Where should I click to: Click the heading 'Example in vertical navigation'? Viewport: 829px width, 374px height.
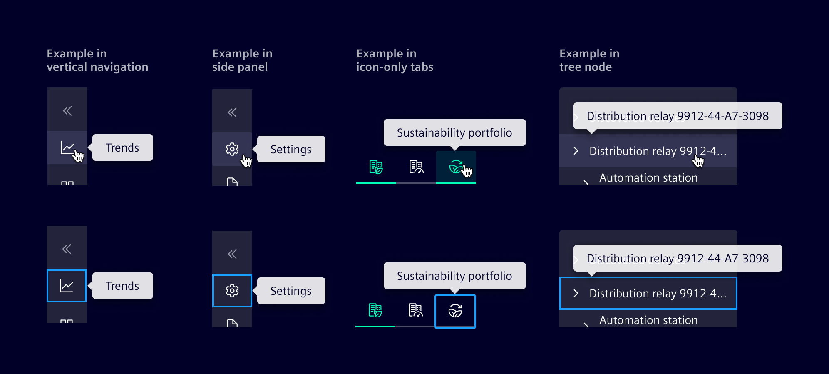(97, 60)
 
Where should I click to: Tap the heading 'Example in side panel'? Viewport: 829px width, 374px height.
(242, 60)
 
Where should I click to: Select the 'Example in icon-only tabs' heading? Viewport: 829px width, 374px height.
(395, 60)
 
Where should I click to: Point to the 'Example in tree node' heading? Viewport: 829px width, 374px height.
(589, 60)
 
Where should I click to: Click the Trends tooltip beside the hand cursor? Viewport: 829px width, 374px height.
(122, 147)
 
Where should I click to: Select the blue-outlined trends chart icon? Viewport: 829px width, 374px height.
(67, 286)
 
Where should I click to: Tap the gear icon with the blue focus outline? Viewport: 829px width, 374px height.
(232, 291)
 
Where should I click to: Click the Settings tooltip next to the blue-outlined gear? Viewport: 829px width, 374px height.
(291, 291)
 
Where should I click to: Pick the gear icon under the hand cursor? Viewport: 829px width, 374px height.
(232, 149)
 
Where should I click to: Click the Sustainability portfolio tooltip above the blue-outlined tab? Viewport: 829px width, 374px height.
(454, 276)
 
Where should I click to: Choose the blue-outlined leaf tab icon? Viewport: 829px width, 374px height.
(455, 311)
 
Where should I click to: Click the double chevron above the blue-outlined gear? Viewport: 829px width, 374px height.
(232, 254)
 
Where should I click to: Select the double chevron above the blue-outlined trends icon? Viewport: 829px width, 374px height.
(67, 249)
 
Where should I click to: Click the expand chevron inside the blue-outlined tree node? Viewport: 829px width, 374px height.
(576, 293)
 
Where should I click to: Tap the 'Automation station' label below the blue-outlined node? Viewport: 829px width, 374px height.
(648, 320)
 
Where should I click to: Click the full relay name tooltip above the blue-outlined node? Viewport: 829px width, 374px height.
(678, 258)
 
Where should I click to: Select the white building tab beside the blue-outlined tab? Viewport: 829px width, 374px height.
(415, 310)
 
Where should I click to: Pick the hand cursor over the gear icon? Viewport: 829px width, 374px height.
(246, 161)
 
